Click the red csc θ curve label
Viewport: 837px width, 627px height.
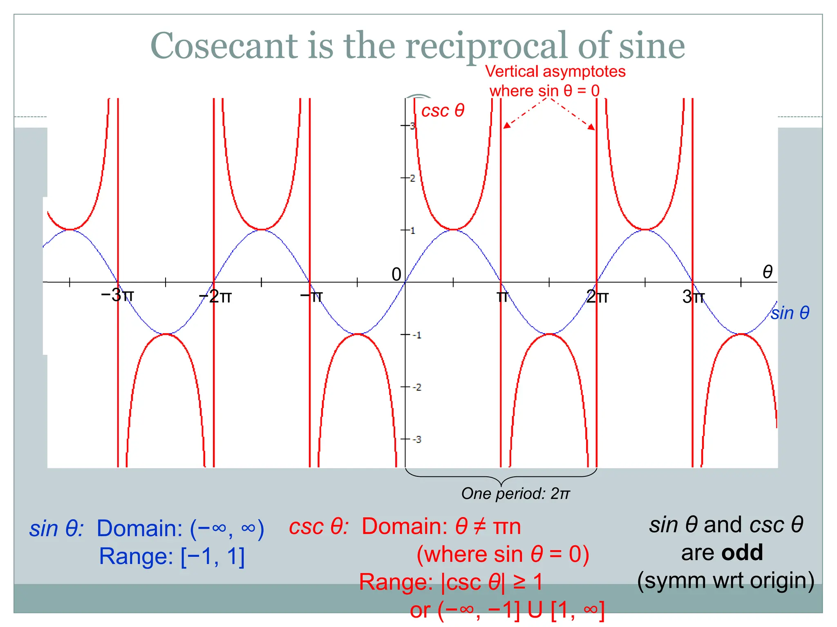[443, 111]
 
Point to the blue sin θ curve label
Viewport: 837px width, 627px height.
[790, 313]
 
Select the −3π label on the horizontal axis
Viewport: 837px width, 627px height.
[117, 295]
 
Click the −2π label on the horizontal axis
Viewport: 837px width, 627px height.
[215, 296]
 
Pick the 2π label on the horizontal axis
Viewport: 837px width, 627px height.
[597, 296]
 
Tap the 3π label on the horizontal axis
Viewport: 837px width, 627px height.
[693, 296]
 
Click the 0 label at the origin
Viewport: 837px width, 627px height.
[396, 274]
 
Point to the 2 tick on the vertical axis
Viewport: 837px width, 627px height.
[412, 178]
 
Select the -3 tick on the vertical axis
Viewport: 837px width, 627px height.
[416, 440]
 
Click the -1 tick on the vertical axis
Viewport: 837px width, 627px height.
[416, 335]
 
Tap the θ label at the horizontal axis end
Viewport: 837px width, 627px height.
[768, 272]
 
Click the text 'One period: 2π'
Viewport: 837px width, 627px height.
[515, 494]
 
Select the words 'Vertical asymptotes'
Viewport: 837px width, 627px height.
[555, 71]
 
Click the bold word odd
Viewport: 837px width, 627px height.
[742, 553]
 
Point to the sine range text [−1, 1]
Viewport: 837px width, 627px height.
[213, 556]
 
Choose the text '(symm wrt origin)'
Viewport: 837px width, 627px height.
[725, 580]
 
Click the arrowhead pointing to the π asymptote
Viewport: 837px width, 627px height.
[507, 126]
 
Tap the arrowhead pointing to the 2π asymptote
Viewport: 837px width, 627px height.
[591, 127]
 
